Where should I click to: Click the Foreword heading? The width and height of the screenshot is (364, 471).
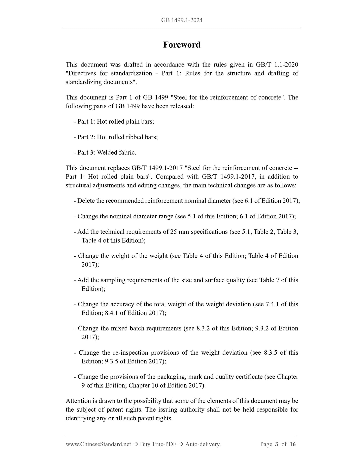182,45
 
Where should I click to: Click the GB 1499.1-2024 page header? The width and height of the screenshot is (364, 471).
182,20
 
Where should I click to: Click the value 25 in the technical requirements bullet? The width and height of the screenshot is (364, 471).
173,232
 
